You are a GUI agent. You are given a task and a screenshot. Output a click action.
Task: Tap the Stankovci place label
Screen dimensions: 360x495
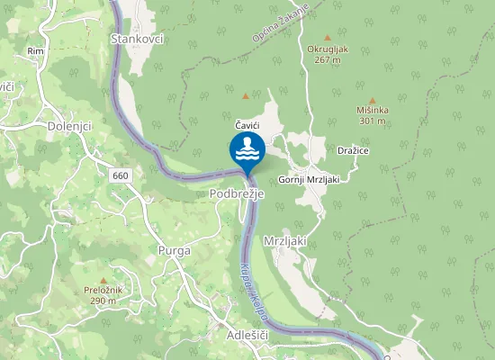pos(136,39)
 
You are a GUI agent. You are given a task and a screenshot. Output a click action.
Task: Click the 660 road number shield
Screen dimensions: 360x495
pos(121,175)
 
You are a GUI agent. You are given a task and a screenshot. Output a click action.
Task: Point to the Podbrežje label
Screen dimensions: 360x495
pos(235,193)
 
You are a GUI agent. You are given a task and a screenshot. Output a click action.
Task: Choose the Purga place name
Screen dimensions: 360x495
pos(174,251)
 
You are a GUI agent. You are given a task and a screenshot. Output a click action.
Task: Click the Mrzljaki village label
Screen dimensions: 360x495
pos(286,241)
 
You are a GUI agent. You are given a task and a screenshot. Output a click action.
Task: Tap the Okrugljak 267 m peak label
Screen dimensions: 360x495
pos(327,54)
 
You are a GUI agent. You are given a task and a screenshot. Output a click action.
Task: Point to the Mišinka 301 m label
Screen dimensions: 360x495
pos(373,115)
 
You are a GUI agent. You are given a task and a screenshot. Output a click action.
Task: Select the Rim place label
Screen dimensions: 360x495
pos(36,52)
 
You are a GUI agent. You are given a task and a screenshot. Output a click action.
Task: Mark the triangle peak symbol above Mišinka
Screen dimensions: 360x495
pos(373,101)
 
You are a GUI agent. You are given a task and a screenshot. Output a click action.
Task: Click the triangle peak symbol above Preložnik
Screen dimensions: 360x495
pos(103,281)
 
